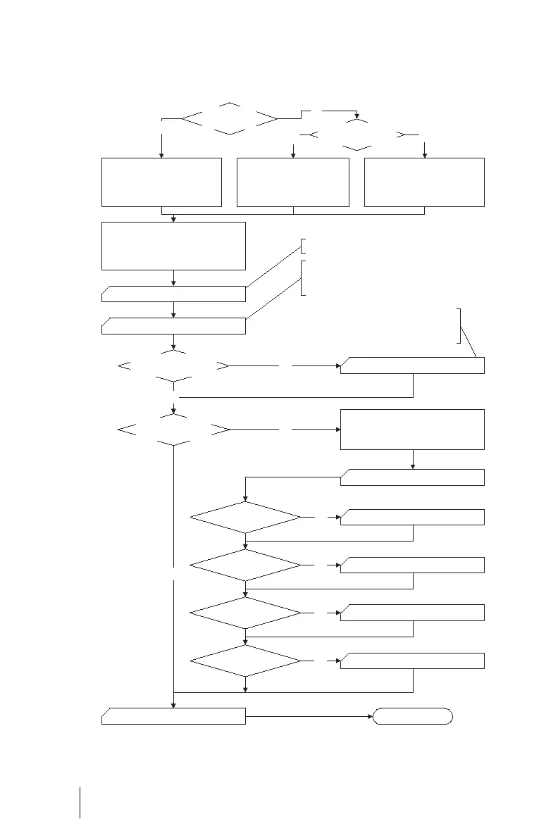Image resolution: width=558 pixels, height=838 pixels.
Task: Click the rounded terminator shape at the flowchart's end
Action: coord(412,717)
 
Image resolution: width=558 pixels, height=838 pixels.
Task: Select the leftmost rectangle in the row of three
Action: coord(161,182)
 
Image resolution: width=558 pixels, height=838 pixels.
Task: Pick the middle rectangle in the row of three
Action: coord(293,182)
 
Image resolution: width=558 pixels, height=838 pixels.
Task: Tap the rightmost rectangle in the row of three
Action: coord(424,182)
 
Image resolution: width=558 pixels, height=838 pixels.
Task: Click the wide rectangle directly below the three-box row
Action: coord(173,246)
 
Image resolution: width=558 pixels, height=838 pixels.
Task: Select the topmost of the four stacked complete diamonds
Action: coord(245,518)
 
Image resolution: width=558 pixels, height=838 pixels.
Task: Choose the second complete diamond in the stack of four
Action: coord(245,565)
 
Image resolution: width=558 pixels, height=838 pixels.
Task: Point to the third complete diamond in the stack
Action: coord(245,613)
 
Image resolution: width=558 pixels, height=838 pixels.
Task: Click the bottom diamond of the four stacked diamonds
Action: coord(245,661)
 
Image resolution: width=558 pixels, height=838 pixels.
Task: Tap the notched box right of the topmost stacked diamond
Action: coord(412,518)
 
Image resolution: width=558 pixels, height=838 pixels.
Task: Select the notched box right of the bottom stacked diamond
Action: coord(412,661)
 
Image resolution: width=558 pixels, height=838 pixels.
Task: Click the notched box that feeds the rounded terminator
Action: coord(173,717)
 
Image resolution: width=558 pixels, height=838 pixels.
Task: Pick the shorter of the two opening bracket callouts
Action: coord(303,246)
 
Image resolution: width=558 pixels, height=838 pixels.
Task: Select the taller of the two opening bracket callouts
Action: coord(303,277)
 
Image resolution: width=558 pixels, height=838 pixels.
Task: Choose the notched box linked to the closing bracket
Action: coord(412,366)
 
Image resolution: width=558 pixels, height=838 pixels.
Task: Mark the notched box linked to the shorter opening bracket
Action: coord(173,294)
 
